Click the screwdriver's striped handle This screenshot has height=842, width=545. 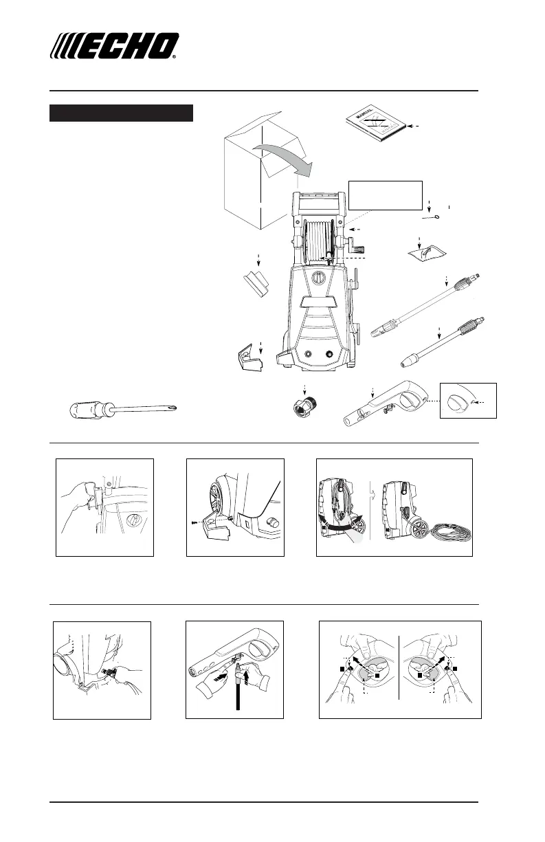click(x=88, y=410)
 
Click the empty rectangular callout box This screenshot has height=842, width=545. click(x=385, y=195)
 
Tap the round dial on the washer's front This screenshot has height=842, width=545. click(x=319, y=279)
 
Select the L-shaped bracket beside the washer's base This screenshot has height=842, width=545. click(x=248, y=359)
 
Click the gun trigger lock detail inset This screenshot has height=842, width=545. click(x=467, y=399)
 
